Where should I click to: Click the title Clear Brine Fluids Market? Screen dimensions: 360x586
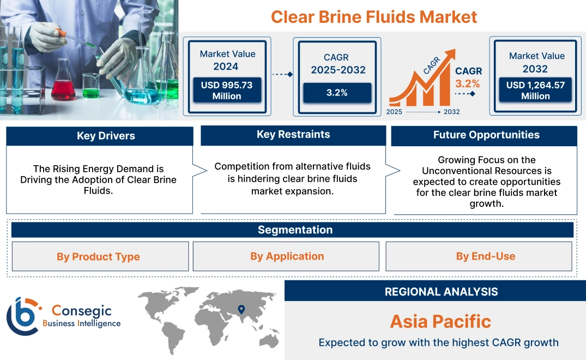coord(374,16)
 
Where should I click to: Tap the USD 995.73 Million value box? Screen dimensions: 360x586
coord(226,91)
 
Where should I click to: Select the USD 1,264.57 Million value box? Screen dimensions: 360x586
coord(535,91)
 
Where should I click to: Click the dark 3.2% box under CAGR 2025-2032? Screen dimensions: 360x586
coord(337,93)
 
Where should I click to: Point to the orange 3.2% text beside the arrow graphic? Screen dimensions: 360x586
coord(468,83)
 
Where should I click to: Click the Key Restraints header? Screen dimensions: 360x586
coord(293,135)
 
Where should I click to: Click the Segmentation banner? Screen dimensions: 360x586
coord(295,230)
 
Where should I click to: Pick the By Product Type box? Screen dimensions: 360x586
coord(98,257)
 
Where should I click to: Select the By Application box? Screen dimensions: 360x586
coord(287,256)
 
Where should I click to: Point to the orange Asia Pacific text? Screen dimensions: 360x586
coord(440,321)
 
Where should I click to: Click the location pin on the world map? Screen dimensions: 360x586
coord(240,310)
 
